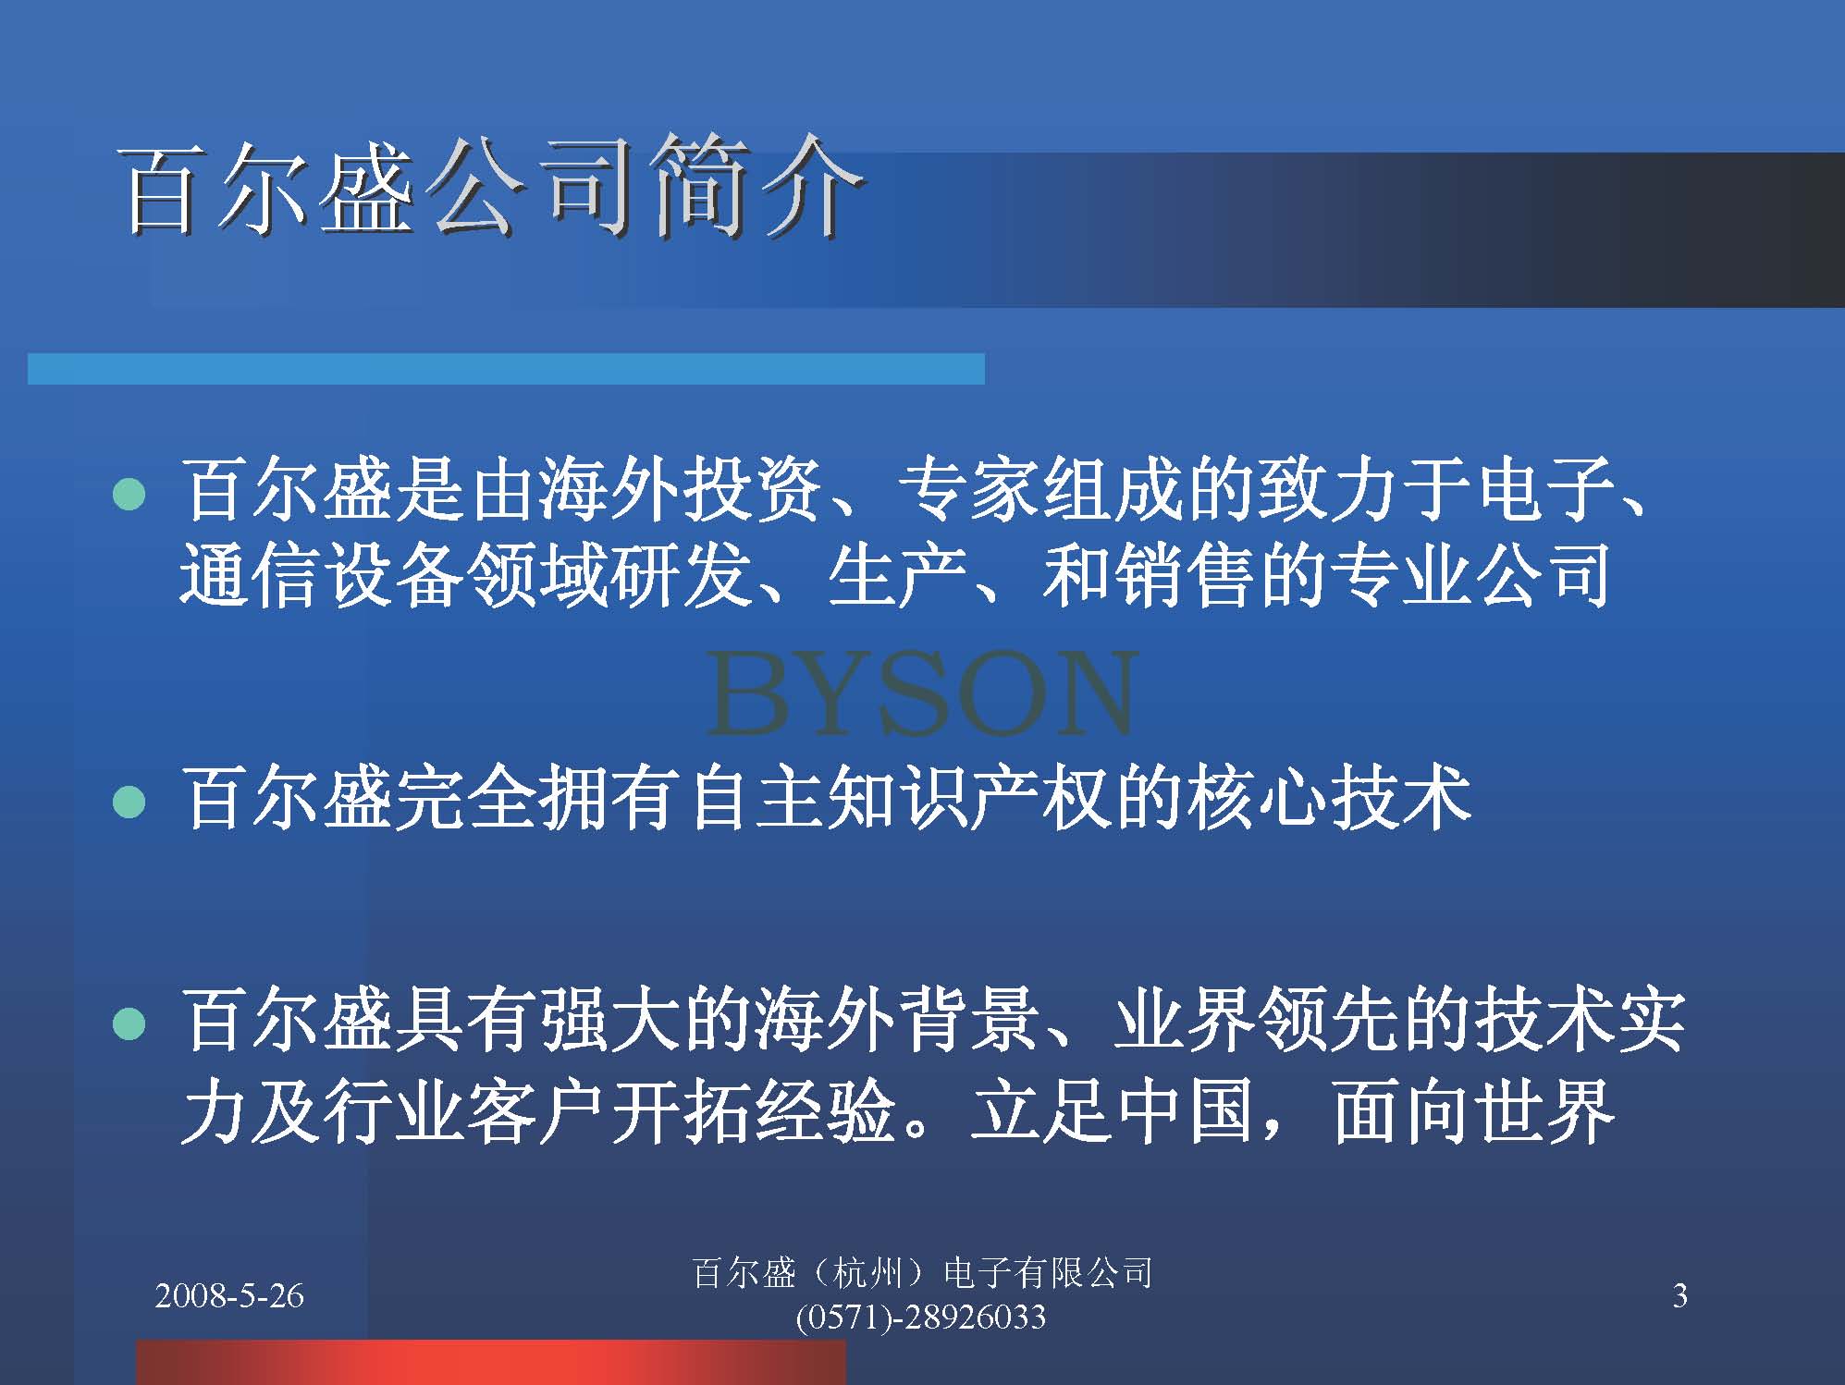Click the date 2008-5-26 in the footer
229,1296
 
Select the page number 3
1680,1296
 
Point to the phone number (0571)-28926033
920,1317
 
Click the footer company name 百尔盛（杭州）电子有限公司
922,1273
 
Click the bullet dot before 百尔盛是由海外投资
129,495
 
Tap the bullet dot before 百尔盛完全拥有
129,802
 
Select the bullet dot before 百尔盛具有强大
129,1024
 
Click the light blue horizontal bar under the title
506,368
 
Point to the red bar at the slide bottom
491,1363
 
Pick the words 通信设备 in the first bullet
323,574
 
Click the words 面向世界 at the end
1473,1110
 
